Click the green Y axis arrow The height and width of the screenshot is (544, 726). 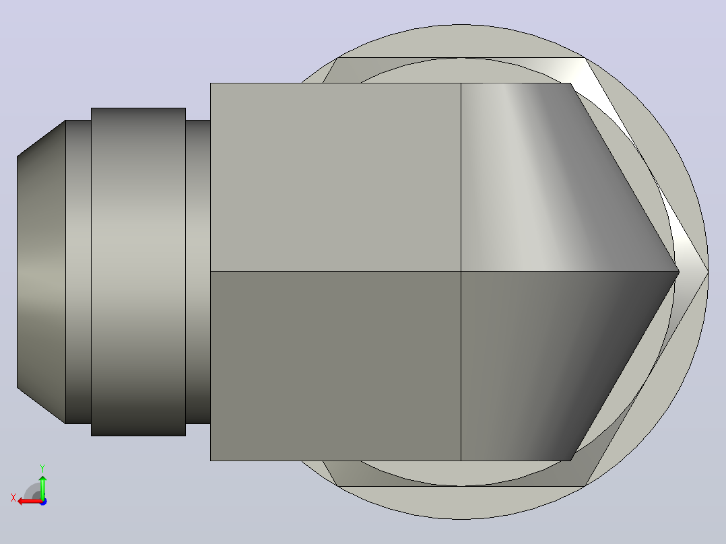click(42, 487)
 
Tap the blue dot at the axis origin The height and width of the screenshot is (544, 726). click(43, 502)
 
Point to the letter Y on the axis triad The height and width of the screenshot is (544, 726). click(42, 469)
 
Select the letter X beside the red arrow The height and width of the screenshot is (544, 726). click(13, 498)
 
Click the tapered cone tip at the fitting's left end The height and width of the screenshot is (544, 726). click(41, 272)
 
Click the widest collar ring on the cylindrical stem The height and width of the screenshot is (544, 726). click(139, 272)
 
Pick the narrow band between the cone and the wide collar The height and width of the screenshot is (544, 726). click(78, 272)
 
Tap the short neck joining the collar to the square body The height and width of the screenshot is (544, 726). click(198, 272)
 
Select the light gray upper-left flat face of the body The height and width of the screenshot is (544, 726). click(335, 177)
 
